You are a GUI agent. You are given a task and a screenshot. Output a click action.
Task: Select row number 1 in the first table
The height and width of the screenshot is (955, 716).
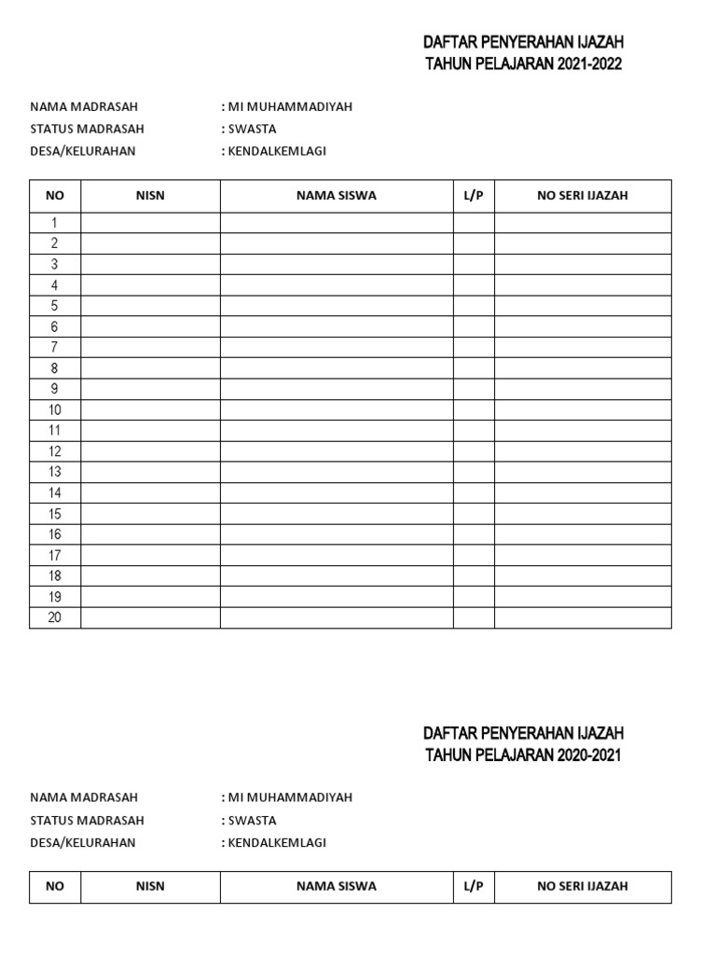pos(55,223)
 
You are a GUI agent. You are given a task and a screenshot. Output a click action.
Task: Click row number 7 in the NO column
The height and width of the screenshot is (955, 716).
pos(55,347)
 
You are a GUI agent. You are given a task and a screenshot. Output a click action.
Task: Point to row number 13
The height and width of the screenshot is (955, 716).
pos(55,472)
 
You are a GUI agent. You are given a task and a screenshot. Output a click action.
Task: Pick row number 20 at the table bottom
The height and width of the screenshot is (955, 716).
pos(55,617)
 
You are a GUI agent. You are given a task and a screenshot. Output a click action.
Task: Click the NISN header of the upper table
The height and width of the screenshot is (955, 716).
pos(150,196)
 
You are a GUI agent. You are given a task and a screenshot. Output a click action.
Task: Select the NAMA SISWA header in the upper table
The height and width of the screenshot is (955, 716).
pos(337,196)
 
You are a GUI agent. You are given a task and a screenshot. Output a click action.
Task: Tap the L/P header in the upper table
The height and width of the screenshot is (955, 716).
pos(474,196)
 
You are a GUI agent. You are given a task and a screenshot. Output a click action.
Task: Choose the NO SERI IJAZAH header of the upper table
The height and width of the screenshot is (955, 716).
pos(583,196)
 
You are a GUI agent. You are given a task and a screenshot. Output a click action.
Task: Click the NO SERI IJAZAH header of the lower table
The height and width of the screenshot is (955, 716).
pos(583,887)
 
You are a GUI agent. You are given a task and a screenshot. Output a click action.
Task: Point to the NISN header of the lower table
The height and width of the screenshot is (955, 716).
pos(150,887)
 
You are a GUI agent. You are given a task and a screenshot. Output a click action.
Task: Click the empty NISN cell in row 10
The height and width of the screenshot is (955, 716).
pos(150,409)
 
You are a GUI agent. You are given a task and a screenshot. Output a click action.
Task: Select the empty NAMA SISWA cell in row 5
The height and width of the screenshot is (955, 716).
pos(337,306)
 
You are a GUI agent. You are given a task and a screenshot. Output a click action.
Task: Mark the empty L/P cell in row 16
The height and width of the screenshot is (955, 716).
pos(474,534)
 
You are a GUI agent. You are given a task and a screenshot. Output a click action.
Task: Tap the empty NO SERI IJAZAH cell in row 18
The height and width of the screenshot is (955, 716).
pos(583,576)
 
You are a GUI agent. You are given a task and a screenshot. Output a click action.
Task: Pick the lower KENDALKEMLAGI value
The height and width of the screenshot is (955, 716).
pos(277,843)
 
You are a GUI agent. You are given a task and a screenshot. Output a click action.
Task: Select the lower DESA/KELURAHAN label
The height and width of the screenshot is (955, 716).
pos(83,843)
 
